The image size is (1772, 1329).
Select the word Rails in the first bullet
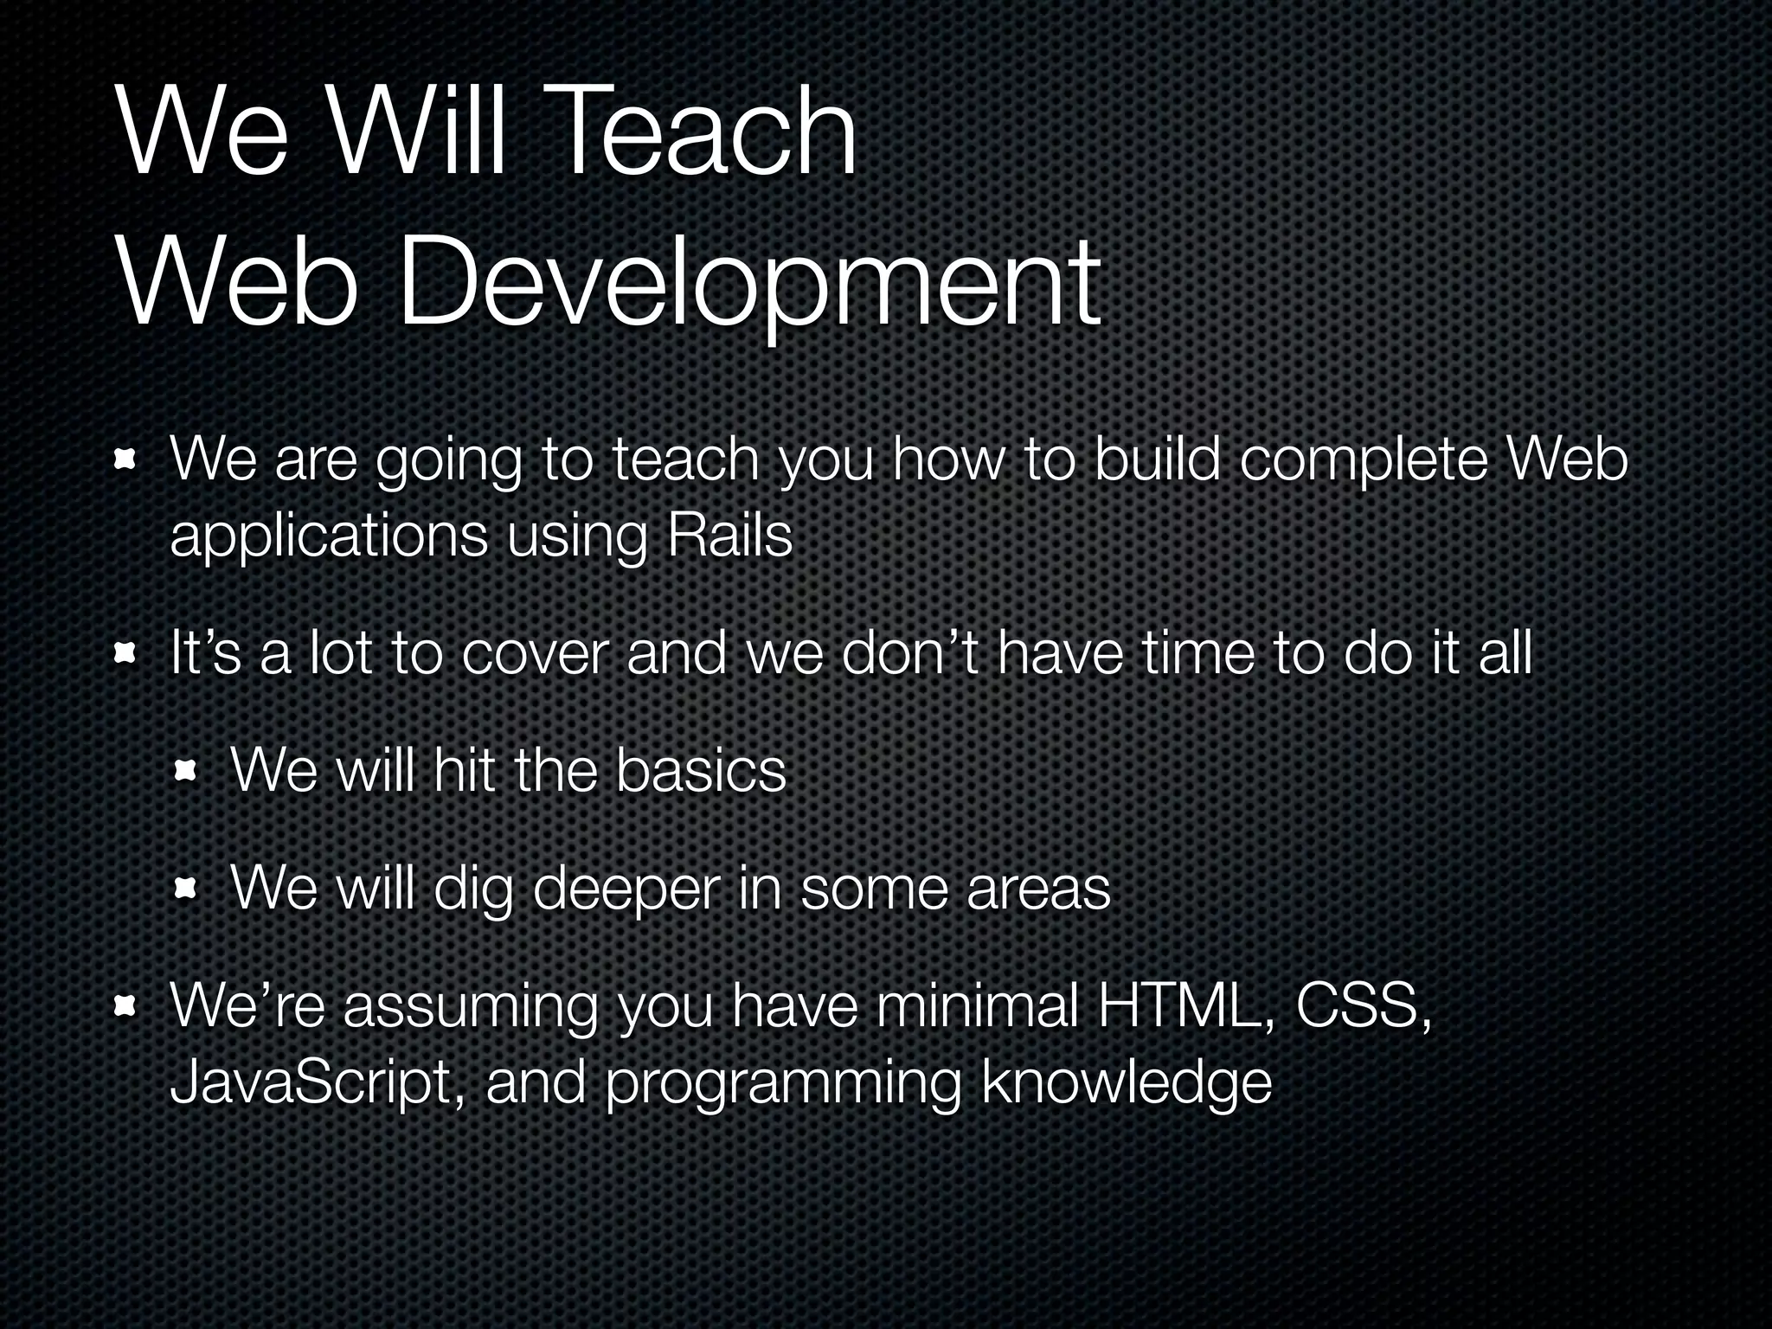click(729, 536)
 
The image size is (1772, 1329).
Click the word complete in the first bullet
click(1363, 462)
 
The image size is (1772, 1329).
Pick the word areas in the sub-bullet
click(1038, 891)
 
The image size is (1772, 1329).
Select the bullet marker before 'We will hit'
click(187, 772)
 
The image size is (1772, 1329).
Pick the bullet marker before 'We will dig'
click(187, 889)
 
